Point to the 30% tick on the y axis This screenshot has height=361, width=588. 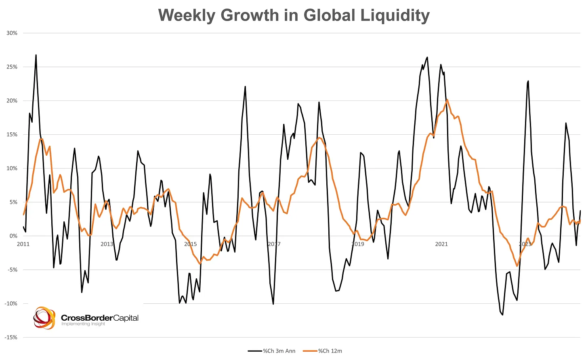coord(12,33)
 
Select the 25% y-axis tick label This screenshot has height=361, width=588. coord(12,67)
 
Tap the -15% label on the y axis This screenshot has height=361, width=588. coord(11,337)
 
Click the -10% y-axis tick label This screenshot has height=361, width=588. coord(11,303)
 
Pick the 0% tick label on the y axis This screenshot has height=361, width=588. coord(14,236)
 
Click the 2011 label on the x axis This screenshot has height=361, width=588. coord(23,244)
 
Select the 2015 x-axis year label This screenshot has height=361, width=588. coord(191,244)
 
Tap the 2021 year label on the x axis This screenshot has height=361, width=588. coord(441,244)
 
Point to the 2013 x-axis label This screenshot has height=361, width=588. coord(107,244)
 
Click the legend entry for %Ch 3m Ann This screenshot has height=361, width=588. coord(272,351)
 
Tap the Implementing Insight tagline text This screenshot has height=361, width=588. coord(83,323)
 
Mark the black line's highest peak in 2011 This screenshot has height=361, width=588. coord(36,55)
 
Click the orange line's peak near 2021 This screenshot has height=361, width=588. coord(447,100)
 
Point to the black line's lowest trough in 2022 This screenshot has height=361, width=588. coord(503,315)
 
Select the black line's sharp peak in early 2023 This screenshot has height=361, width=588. coord(528,81)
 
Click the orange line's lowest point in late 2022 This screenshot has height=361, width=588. coord(517,266)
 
